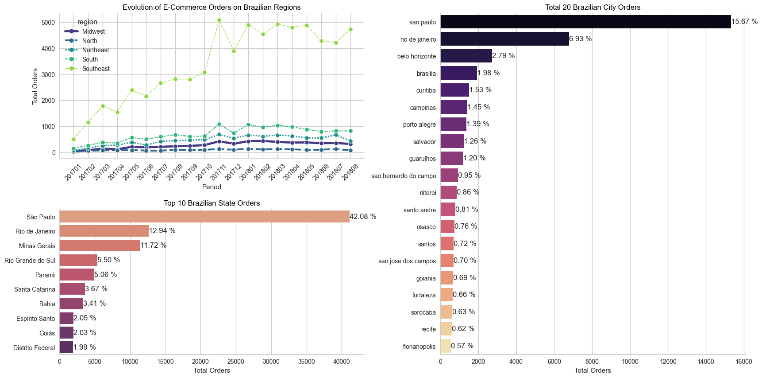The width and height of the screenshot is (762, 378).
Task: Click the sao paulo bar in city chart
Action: pyautogui.click(x=585, y=22)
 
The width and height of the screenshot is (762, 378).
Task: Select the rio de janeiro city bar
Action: pyautogui.click(x=504, y=39)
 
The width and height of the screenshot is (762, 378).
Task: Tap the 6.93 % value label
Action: pyautogui.click(x=580, y=39)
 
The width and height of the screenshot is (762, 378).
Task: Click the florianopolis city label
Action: pyautogui.click(x=419, y=347)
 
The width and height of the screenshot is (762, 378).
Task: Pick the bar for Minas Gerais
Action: pyautogui.click(x=100, y=246)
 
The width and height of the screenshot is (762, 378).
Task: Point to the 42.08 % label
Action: pyautogui.click(x=363, y=217)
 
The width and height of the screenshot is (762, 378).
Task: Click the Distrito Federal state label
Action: pyautogui.click(x=34, y=348)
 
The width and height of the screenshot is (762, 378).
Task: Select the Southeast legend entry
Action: pyautogui.click(x=96, y=69)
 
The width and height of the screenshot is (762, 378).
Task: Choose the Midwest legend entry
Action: pyautogui.click(x=93, y=31)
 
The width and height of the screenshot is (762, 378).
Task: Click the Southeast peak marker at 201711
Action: pyautogui.click(x=219, y=20)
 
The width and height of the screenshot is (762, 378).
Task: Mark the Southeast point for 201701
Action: pyautogui.click(x=73, y=139)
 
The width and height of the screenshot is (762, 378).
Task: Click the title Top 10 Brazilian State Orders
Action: pyautogui.click(x=212, y=203)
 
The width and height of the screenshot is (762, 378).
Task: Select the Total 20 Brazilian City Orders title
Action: pyautogui.click(x=593, y=8)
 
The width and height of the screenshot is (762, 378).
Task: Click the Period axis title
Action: pyautogui.click(x=212, y=187)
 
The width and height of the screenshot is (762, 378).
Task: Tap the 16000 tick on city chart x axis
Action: pyautogui.click(x=743, y=362)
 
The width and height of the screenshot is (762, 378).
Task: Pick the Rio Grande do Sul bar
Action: pyautogui.click(x=78, y=260)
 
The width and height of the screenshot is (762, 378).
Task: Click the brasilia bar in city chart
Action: pyautogui.click(x=458, y=73)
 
